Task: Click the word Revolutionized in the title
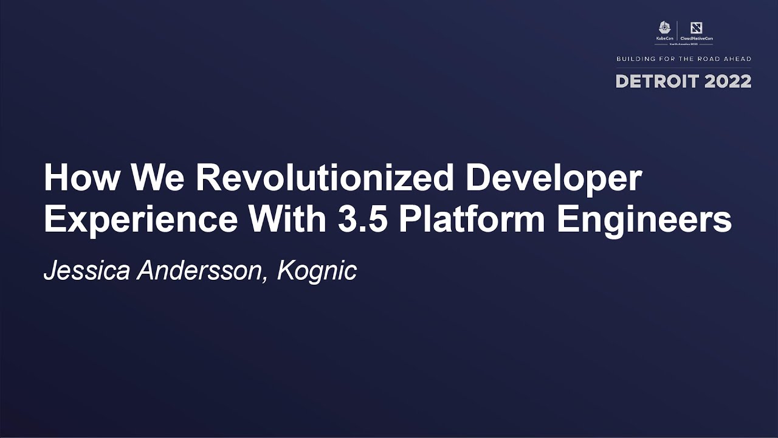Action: click(324, 178)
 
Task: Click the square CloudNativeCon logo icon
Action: click(697, 27)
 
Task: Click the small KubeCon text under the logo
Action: click(664, 38)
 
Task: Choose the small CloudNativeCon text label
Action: click(697, 38)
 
